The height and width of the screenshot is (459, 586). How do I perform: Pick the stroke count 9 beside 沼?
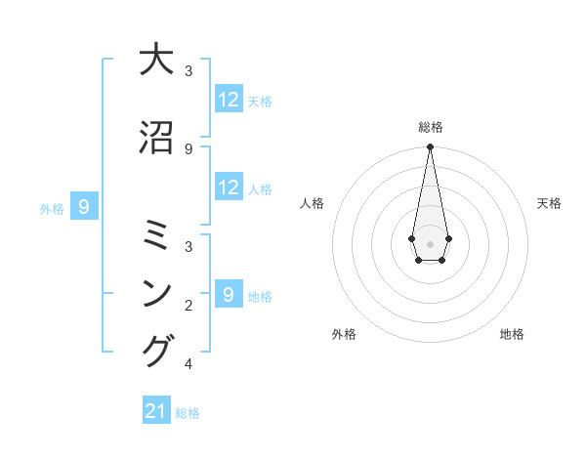188,148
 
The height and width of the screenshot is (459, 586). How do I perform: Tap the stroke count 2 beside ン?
188,305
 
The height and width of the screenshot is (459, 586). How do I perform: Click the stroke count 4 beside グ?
188,365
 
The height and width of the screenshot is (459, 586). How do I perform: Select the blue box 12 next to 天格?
229,100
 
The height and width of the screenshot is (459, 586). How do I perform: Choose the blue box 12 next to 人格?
229,188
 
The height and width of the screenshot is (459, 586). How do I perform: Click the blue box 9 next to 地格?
229,295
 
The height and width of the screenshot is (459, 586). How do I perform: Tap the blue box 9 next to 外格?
84,207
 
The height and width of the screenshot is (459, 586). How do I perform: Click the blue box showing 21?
156,412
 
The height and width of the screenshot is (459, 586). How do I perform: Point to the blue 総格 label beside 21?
188,413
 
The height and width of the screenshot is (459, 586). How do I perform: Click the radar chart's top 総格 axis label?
431,127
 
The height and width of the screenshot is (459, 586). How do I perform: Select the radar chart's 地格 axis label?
512,334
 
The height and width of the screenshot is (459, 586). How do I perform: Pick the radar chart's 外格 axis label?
344,334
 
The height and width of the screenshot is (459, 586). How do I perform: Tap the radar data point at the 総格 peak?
430,147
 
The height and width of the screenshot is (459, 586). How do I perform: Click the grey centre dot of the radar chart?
430,242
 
